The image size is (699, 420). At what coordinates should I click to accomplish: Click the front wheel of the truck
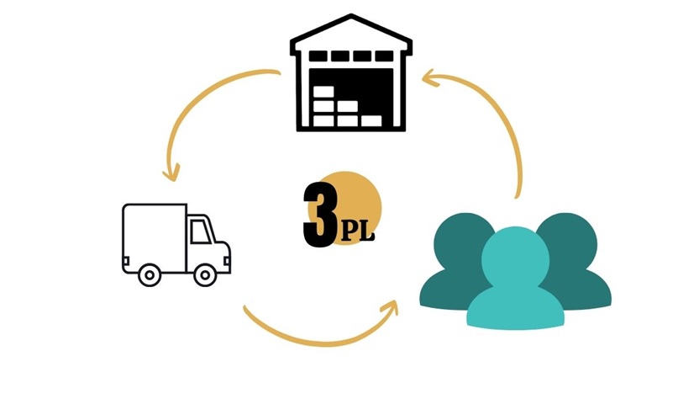204,274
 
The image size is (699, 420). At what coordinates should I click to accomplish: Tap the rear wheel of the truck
149,274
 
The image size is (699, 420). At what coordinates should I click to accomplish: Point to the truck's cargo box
154,235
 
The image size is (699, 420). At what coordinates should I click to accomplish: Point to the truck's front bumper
226,268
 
